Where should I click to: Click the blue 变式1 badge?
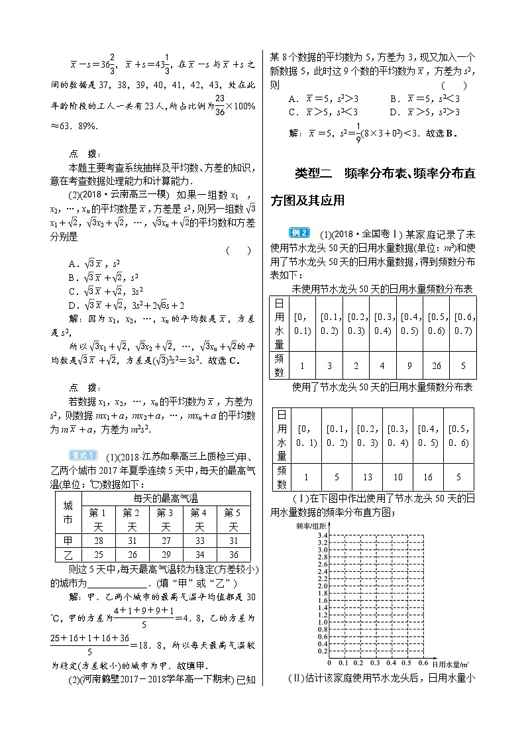tap(83, 454)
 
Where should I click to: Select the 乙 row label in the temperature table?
tap(68, 555)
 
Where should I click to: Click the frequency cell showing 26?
tap(437, 366)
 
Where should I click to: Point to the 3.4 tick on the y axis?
tap(322, 534)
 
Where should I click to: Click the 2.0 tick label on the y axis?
tap(322, 586)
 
